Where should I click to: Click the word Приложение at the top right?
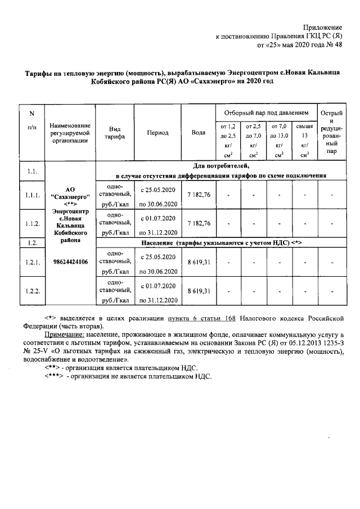(323, 27)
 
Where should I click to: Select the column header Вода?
(198, 133)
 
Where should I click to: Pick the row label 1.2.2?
(31, 291)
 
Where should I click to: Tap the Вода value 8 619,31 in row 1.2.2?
(198, 291)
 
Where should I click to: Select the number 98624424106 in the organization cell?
(70, 262)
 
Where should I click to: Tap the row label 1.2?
(31, 242)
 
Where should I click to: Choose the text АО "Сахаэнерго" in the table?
(70, 194)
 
